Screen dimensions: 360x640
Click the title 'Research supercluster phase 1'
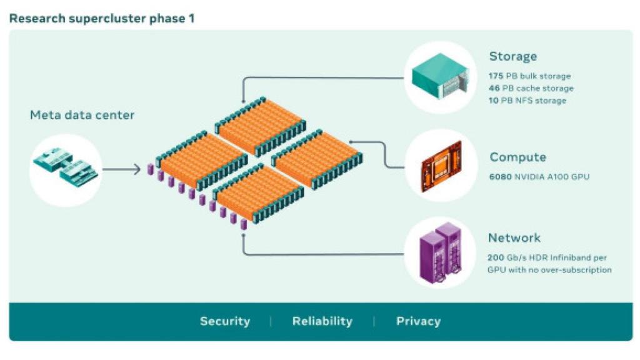[x=102, y=18]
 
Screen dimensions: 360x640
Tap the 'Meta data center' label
[x=82, y=115]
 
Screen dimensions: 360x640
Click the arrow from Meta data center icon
[x=121, y=169]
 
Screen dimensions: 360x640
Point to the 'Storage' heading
[x=512, y=56]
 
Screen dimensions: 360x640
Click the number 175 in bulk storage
[x=496, y=76]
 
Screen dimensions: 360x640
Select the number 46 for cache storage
[x=494, y=88]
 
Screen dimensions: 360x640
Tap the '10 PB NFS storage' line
[x=527, y=101]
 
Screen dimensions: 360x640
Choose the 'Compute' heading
[x=517, y=157]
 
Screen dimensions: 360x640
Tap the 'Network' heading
[x=514, y=237]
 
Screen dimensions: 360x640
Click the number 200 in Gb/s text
[x=496, y=257]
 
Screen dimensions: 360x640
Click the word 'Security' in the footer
[x=225, y=321]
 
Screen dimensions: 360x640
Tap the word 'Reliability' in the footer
[x=322, y=321]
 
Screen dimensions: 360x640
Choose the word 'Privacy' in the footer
[x=418, y=321]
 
